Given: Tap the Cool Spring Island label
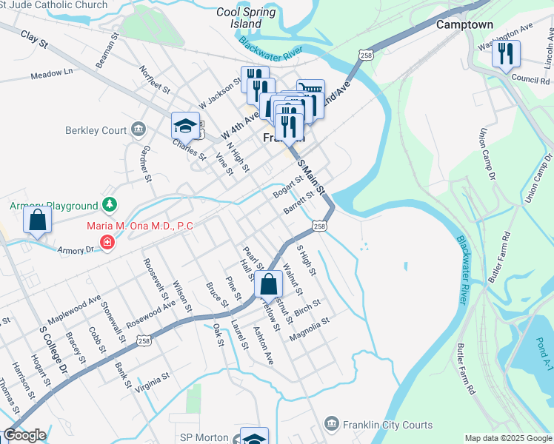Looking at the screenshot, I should pos(245,18).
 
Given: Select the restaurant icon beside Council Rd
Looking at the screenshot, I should pos(506,54).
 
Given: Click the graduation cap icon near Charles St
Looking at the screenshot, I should pos(185,126).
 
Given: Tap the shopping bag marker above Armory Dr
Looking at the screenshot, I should pos(37,221).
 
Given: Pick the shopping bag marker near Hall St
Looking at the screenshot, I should pos(269,285).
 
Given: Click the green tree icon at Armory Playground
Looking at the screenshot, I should pos(109,203).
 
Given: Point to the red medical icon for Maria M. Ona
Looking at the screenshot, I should pos(107,242).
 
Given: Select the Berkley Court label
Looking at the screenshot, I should pos(96,130).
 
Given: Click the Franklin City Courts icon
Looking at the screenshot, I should pos(331,423).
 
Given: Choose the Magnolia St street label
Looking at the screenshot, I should pos(309,325).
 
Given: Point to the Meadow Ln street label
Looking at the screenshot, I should pos(52,73).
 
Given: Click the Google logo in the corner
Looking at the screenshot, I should pos(24,435).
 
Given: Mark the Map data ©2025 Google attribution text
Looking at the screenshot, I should pos(507,438).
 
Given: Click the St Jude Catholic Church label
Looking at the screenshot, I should pos(53,5).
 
